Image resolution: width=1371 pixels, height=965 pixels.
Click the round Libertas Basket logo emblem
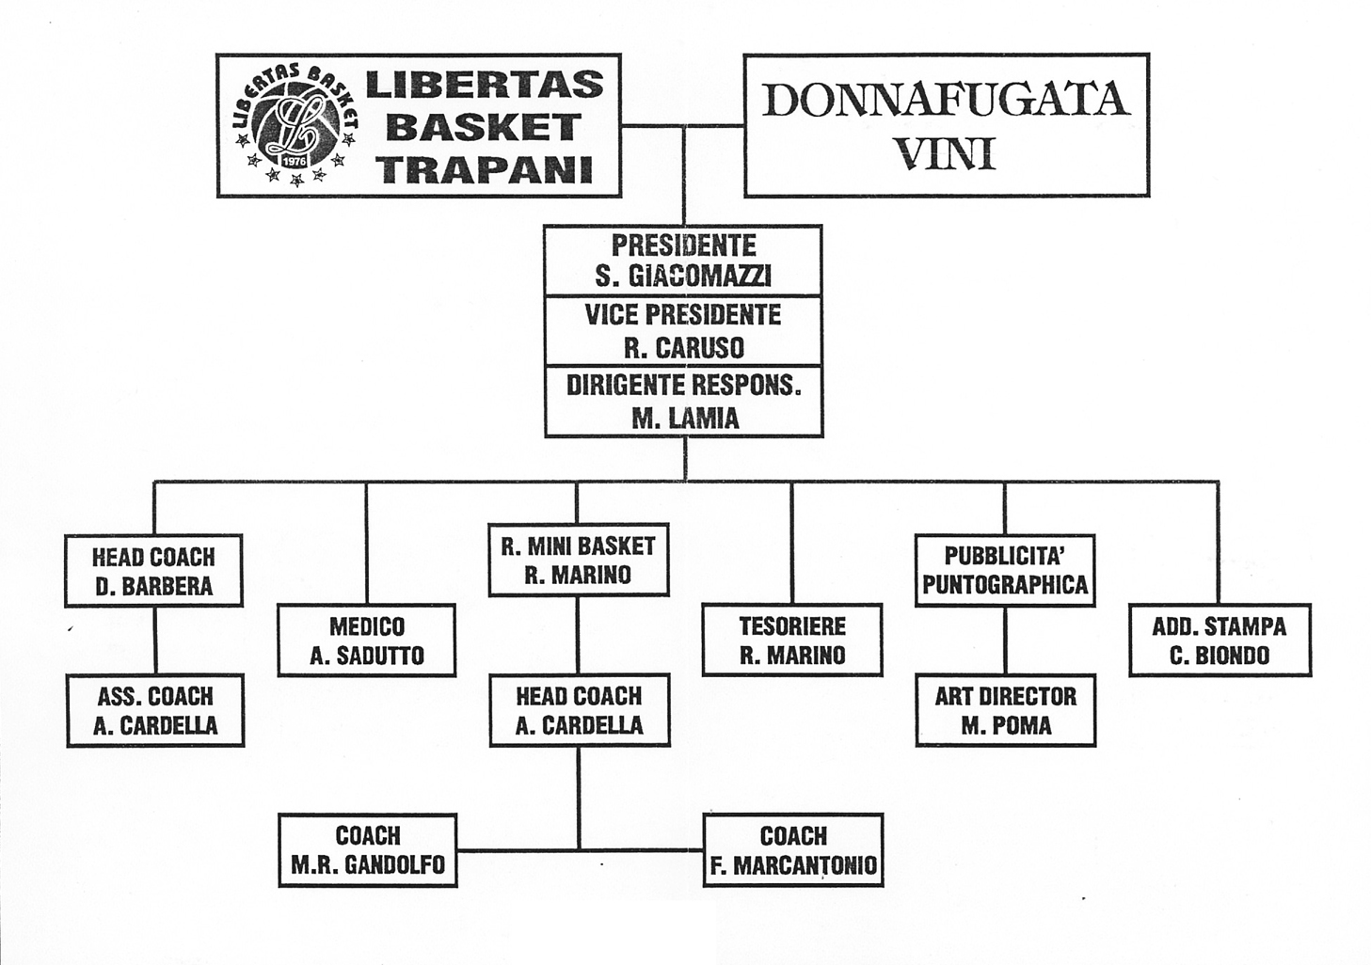tap(295, 125)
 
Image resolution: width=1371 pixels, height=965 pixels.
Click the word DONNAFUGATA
tap(946, 101)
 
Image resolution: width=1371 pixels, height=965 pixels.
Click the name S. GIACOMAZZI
tap(684, 277)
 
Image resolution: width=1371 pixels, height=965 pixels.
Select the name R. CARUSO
tap(684, 348)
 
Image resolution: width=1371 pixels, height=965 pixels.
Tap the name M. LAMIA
tap(685, 419)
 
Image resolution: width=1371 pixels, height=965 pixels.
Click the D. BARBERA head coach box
tap(153, 570)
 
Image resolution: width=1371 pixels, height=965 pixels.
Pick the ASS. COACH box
tap(155, 710)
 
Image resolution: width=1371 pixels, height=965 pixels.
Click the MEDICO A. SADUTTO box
tap(367, 641)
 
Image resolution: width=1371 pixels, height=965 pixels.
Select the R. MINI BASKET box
tap(579, 560)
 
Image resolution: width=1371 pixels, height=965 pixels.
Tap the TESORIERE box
tap(792, 641)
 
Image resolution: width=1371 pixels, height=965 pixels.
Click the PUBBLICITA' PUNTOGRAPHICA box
tap(1005, 570)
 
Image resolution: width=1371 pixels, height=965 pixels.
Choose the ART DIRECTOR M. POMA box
tap(1006, 710)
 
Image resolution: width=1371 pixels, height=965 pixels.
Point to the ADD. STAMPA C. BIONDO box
tap(1220, 641)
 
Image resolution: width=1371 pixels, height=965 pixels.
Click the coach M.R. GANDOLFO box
tap(368, 850)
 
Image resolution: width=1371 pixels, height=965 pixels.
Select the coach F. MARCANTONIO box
tap(793, 850)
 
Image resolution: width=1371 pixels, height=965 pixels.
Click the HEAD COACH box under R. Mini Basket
tap(580, 710)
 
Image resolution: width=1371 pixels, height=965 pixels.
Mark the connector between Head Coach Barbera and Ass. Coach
tap(155, 641)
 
